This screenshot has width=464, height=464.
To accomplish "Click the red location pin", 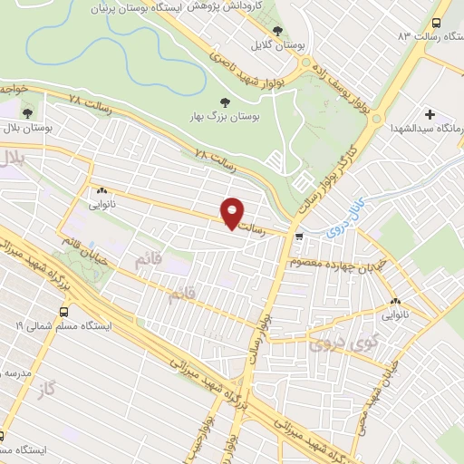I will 233,212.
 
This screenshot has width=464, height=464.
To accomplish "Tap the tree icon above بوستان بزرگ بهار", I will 226,101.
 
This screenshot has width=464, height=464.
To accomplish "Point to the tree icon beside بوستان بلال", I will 28,114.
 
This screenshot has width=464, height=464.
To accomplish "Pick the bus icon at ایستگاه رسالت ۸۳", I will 438,24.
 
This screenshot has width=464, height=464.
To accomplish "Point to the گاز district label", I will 48,389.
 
